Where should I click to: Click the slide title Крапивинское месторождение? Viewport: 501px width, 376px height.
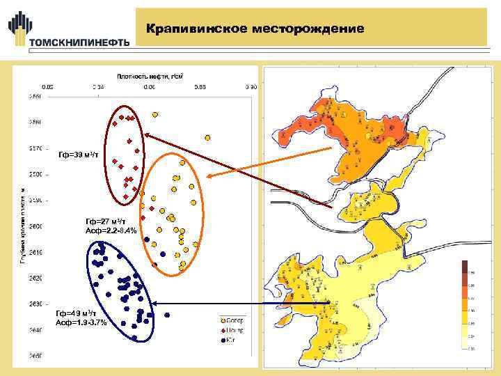(255, 29)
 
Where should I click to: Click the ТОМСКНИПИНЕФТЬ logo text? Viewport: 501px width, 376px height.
(79, 42)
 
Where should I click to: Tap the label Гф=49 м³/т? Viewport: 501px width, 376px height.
(78, 314)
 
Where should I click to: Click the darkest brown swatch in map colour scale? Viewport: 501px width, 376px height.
(464, 267)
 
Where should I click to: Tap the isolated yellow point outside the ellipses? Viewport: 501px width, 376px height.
(206, 136)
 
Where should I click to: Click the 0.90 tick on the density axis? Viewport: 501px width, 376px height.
(251, 86)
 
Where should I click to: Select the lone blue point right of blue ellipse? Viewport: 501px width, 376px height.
(164, 255)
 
